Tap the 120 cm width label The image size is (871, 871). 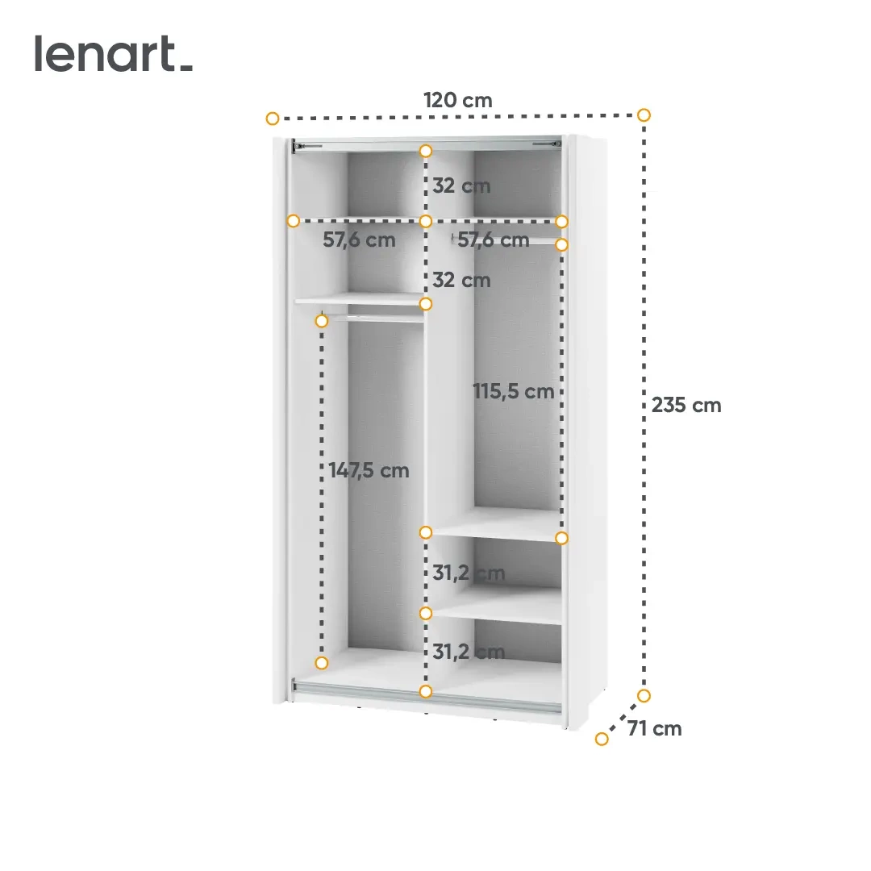(457, 101)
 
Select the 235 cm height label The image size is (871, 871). (686, 405)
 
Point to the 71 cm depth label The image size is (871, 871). (654, 729)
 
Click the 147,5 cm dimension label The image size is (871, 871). (369, 471)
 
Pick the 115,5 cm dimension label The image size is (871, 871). (513, 392)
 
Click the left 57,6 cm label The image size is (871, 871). (359, 240)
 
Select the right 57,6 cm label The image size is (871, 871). (493, 240)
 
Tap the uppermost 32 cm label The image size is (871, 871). (461, 186)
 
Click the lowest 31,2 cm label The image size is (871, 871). (468, 652)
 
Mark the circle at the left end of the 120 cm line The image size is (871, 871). (273, 119)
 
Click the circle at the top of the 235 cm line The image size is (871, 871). (644, 115)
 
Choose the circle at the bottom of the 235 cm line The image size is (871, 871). (644, 695)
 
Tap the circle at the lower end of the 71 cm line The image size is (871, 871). (602, 739)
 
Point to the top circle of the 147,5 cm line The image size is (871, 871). (322, 321)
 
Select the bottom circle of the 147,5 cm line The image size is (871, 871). (322, 663)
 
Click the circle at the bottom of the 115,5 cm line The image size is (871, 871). (562, 538)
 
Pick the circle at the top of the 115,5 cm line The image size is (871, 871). (562, 244)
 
